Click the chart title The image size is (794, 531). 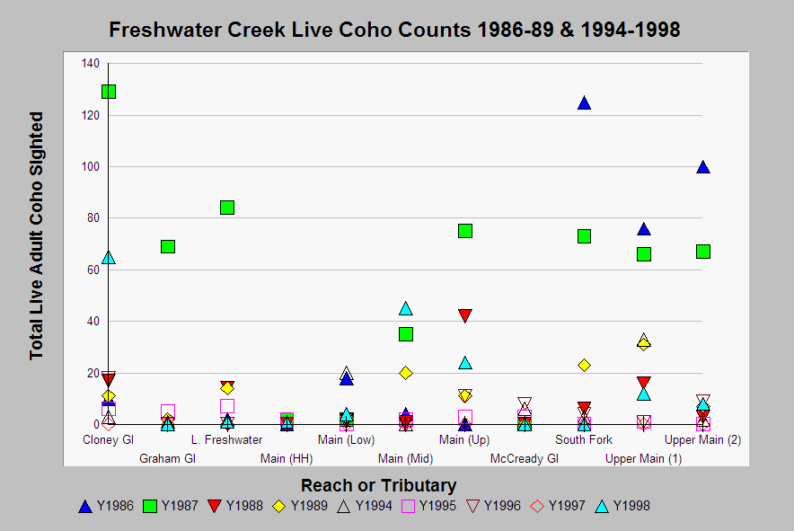(394, 30)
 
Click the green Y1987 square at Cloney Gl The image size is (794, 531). (109, 92)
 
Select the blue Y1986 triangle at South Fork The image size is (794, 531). (584, 103)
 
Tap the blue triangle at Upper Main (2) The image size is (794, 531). (703, 167)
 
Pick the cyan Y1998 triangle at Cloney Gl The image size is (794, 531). (109, 258)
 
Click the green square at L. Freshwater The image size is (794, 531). (227, 208)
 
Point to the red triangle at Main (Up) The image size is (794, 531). (465, 316)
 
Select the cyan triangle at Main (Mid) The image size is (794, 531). (406, 309)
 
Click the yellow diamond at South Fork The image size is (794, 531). (584, 365)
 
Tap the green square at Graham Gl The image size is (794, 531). (168, 246)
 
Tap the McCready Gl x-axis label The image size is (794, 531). (525, 459)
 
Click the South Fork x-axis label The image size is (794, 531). (584, 440)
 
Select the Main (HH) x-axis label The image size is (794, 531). (287, 459)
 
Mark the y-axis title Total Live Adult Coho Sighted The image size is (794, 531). (37, 235)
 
